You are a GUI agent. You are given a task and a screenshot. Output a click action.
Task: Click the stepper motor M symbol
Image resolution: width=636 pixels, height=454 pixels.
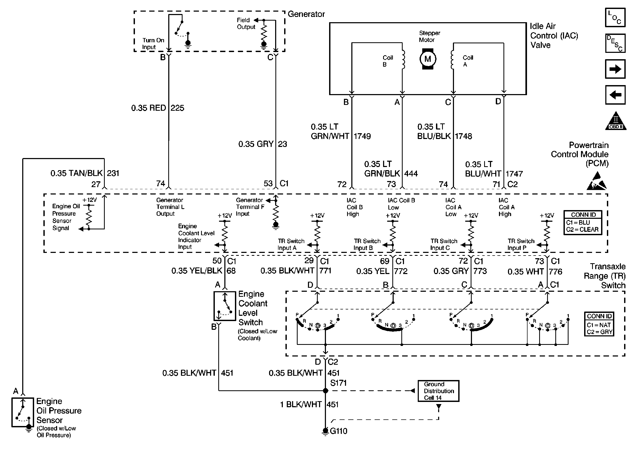(427, 59)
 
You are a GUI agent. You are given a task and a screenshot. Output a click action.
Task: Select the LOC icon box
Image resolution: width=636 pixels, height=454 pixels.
(615, 17)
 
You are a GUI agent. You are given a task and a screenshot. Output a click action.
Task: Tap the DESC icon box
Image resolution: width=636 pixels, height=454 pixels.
(615, 43)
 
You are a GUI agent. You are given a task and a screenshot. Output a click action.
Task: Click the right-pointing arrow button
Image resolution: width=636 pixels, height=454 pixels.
(615, 69)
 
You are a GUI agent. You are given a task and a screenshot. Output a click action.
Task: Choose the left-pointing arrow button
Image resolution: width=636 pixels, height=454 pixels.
(615, 95)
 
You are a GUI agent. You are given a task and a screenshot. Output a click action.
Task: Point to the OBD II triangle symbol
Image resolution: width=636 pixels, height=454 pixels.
(616, 122)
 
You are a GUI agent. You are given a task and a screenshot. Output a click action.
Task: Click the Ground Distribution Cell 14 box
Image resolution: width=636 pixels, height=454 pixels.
(438, 391)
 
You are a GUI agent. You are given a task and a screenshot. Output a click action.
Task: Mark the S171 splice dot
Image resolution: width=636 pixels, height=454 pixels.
(325, 391)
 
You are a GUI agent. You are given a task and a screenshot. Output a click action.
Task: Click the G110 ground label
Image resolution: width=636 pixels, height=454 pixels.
(339, 431)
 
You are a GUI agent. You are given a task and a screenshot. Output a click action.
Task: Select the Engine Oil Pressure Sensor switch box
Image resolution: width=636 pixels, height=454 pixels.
(23, 412)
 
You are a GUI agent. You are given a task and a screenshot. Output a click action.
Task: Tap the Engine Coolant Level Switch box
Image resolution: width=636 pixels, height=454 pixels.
(225, 306)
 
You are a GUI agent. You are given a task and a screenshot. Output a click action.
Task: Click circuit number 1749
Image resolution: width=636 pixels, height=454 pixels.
(362, 136)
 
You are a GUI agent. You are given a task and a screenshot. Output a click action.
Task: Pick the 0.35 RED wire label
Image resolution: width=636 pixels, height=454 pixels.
(149, 108)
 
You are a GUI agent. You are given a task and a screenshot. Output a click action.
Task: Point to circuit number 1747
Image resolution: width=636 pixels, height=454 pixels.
(514, 174)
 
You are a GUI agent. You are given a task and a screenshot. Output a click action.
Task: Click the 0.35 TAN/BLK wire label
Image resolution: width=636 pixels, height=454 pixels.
(76, 173)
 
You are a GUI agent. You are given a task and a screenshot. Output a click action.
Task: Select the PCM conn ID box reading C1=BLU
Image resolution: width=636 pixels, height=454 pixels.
(583, 223)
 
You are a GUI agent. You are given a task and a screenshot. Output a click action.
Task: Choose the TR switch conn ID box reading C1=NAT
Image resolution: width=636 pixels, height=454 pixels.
(599, 324)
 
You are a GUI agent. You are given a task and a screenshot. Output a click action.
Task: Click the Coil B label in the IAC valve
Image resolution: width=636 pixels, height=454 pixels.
(388, 61)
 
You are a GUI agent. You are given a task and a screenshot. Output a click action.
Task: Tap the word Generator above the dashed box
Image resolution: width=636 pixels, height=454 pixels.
(306, 14)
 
